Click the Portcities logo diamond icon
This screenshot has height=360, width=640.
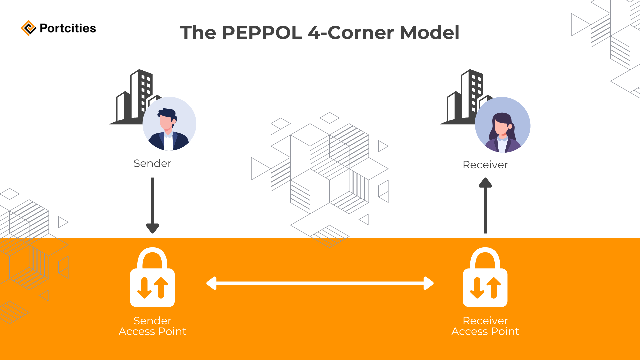click(x=28, y=28)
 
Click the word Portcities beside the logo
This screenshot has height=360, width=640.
click(x=68, y=28)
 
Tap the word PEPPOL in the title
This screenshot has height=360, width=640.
click(x=262, y=33)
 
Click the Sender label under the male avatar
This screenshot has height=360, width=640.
click(x=152, y=163)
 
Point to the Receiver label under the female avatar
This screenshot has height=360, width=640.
click(x=485, y=165)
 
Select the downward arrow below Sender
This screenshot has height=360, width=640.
click(x=153, y=205)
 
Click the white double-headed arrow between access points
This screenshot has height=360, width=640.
click(x=320, y=283)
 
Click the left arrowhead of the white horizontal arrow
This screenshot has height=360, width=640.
click(x=212, y=283)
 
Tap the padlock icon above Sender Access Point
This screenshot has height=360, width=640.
click(x=152, y=277)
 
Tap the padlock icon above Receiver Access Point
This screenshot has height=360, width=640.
click(x=485, y=277)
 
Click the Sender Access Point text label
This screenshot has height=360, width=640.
click(x=152, y=326)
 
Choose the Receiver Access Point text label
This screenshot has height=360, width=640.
click(x=485, y=326)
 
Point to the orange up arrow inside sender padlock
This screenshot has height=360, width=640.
click(x=161, y=287)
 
